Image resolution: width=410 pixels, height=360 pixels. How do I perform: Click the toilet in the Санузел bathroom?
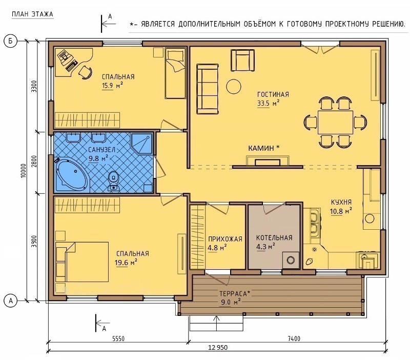click(113, 181)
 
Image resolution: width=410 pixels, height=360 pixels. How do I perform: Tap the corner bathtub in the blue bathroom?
click(71, 174)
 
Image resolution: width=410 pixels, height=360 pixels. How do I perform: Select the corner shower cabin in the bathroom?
click(142, 144)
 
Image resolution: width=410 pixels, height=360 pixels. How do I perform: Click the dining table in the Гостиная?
click(335, 122)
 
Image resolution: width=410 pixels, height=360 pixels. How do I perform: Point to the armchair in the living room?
click(242, 61)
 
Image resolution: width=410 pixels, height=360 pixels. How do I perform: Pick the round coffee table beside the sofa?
click(234, 87)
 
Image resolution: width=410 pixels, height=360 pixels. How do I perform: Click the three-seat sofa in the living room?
click(208, 89)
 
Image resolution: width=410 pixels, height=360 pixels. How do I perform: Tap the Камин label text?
click(264, 148)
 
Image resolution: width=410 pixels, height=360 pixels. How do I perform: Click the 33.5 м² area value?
click(268, 103)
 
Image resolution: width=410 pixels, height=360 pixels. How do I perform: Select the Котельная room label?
click(274, 238)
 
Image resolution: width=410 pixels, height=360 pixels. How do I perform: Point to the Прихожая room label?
click(225, 239)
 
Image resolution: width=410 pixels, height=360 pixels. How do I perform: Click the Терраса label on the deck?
click(235, 293)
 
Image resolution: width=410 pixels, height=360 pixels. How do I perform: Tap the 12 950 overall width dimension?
click(218, 348)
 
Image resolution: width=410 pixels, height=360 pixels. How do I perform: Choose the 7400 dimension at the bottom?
click(294, 339)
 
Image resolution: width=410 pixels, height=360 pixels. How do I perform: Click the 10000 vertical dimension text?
click(24, 171)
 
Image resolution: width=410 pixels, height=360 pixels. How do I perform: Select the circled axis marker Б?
click(11, 41)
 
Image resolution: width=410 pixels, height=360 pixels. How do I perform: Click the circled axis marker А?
click(11, 301)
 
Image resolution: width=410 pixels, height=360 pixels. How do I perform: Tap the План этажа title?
click(32, 14)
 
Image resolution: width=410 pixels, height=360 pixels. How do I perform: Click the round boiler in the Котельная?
click(291, 260)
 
